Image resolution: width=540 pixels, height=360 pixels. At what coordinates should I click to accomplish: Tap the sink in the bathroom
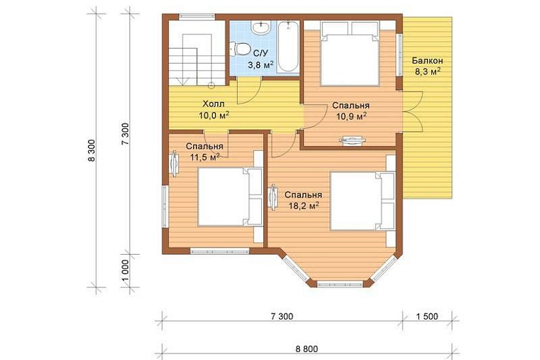tap(261, 27)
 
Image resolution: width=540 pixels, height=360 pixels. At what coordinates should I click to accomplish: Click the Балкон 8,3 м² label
tap(427, 66)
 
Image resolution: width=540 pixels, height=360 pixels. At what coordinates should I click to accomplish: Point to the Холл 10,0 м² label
tap(214, 109)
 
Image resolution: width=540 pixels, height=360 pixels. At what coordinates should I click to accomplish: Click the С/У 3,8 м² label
tap(261, 59)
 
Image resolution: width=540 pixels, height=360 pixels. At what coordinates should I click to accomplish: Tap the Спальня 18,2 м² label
tap(304, 200)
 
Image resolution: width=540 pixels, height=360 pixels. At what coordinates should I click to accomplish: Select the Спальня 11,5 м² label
tap(205, 152)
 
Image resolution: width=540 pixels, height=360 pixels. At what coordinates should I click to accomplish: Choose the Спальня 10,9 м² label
tap(351, 111)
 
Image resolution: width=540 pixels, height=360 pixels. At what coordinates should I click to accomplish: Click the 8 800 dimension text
tap(306, 349)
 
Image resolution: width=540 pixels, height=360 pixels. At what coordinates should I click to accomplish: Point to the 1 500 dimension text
tap(427, 316)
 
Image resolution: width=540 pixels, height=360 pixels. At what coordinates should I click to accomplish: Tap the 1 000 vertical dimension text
tap(125, 271)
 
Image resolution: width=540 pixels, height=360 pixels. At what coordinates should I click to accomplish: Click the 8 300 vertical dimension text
tap(91, 151)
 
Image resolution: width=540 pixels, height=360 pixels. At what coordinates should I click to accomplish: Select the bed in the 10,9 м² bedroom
tap(350, 54)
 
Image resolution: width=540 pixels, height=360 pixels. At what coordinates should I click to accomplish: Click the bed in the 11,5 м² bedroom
tap(230, 196)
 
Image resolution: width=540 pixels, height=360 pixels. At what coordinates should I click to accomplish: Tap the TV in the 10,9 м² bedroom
tap(351, 141)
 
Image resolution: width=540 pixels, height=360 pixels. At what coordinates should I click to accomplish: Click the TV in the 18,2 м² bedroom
tap(274, 197)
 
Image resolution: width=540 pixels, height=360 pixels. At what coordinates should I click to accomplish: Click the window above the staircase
tap(196, 17)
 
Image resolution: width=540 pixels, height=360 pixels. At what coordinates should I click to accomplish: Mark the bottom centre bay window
tap(340, 285)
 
